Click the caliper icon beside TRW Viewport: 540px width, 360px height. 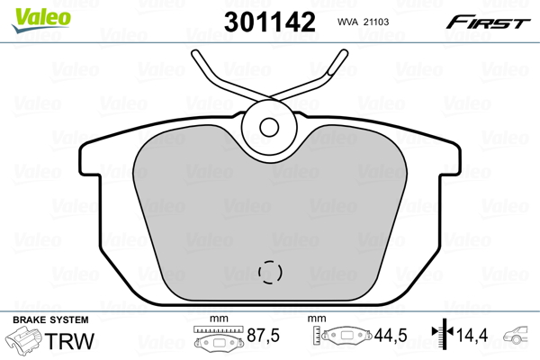coord(25,343)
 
